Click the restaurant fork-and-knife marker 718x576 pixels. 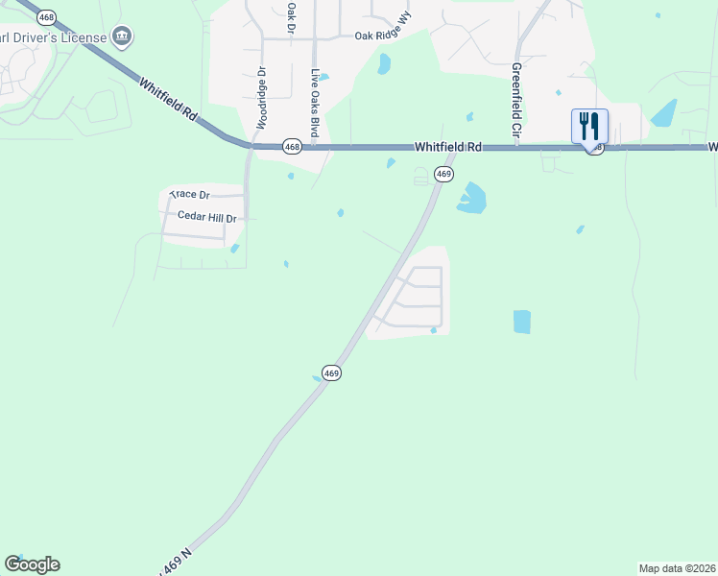[589, 127]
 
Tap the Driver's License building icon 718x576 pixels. [122, 37]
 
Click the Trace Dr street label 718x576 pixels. [189, 195]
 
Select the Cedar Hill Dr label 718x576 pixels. [206, 218]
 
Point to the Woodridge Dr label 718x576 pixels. [260, 97]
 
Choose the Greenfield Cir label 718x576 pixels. [515, 103]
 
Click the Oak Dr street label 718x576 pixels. [290, 16]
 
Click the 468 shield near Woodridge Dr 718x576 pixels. [293, 147]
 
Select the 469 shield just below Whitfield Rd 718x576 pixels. [443, 174]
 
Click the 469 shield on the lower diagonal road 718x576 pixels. [331, 372]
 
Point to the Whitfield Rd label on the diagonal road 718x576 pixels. [169, 100]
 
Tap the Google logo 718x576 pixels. [32, 564]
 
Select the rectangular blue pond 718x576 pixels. [521, 322]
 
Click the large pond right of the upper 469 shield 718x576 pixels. [471, 199]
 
